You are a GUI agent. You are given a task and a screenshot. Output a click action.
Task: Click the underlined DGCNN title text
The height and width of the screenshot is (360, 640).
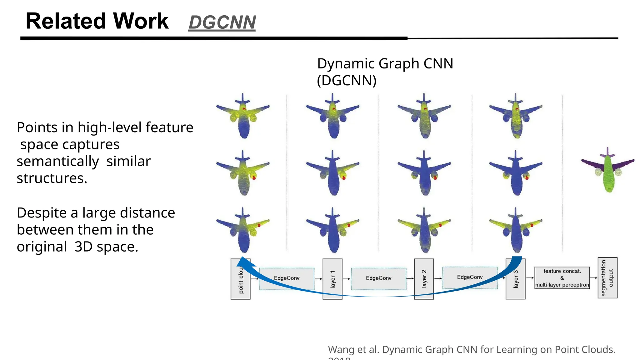[x=222, y=22]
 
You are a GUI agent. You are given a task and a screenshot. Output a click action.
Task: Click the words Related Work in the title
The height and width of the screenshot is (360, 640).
[x=97, y=21]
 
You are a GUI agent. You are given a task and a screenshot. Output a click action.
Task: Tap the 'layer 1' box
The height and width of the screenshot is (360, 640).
[x=332, y=279]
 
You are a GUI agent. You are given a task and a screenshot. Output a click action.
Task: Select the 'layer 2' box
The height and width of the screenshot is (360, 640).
[x=424, y=279]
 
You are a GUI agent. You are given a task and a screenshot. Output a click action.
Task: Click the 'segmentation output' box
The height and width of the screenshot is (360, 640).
[x=607, y=278]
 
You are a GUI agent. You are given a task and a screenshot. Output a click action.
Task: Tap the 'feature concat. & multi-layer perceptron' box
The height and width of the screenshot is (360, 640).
[x=562, y=278]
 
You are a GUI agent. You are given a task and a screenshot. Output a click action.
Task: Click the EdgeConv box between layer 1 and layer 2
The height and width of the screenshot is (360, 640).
[x=378, y=278]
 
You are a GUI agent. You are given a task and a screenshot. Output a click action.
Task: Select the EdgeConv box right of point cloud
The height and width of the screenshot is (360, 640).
[x=287, y=278]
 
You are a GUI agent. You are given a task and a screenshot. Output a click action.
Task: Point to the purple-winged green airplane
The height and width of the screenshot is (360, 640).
[x=608, y=170]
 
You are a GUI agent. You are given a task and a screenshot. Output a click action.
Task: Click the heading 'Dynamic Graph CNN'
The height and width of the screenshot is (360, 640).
[x=385, y=64]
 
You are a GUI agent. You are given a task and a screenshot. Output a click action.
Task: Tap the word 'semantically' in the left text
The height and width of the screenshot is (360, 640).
[x=58, y=162]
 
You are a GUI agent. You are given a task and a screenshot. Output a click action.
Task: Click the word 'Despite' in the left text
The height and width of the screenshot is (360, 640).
[x=42, y=213]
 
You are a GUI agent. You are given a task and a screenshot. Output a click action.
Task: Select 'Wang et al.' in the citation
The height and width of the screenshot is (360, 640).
[x=353, y=349]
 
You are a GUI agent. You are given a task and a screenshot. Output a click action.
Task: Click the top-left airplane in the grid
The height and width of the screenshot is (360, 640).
[x=243, y=116]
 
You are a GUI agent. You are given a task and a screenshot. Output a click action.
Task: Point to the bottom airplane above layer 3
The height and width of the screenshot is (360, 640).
[x=516, y=230]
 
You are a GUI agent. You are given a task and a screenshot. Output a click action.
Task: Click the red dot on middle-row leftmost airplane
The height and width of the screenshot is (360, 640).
[x=254, y=177]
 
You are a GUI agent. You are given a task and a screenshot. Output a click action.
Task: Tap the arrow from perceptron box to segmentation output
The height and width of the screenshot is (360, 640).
[x=593, y=278]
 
